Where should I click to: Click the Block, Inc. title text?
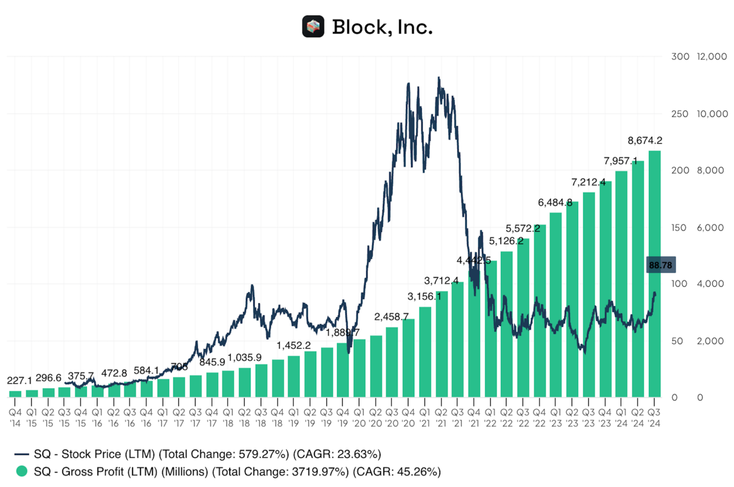[x=382, y=27]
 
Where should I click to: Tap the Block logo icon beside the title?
[x=312, y=27]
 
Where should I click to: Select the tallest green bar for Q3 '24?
[x=654, y=273]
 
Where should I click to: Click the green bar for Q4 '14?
[x=15, y=393]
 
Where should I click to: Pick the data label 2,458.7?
[x=391, y=316]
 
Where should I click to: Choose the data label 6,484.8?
[x=556, y=202]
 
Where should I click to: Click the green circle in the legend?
[x=22, y=471]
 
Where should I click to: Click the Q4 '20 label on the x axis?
[x=408, y=417]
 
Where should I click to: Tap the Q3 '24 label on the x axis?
[x=654, y=417]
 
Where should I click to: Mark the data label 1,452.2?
[x=294, y=346]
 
